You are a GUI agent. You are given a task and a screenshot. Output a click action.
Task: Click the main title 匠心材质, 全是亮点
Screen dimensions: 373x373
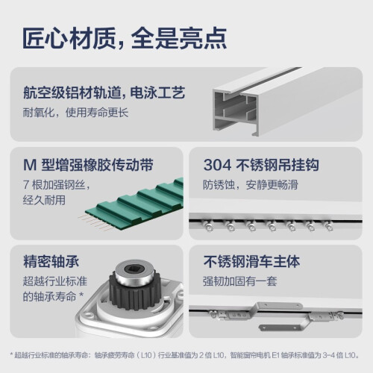pos(125,38)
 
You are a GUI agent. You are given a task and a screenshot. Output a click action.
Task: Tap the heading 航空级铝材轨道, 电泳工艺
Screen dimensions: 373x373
pos(104,93)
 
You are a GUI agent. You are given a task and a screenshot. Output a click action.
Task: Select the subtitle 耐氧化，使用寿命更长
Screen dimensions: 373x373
pos(75,113)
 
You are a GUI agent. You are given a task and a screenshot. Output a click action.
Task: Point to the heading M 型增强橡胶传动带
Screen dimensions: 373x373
pos(88,165)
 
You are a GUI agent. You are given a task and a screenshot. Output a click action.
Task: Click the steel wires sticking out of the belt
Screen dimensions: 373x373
pos(93,222)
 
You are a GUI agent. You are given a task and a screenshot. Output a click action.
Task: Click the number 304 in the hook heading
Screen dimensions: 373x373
pos(217,165)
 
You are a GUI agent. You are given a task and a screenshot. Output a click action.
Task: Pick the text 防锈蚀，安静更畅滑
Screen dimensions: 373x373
pos(251,185)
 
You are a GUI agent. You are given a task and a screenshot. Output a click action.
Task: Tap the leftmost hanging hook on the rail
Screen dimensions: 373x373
pos(208,225)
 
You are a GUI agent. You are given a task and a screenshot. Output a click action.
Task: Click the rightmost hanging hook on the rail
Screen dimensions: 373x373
pos(328,225)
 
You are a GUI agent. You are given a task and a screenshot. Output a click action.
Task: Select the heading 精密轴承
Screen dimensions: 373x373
pos(51,262)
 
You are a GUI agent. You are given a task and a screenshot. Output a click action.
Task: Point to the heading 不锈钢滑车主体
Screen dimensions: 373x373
pos(251,262)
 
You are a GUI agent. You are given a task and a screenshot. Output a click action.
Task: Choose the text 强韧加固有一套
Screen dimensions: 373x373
pos(240,281)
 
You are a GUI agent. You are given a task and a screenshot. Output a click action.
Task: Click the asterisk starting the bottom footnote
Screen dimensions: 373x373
pos(11,354)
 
